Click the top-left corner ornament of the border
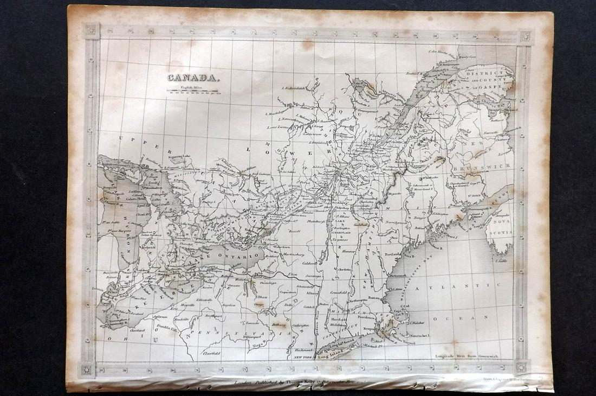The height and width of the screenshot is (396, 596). (x=91, y=31)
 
